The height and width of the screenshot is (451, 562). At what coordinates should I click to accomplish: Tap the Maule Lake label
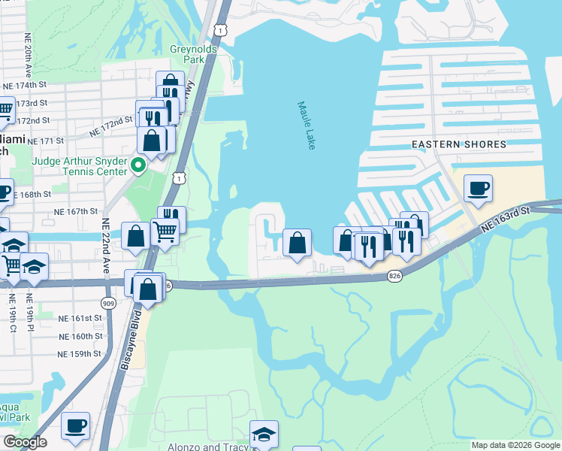(x=307, y=126)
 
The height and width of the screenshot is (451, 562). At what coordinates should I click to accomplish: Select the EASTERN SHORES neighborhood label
(x=458, y=144)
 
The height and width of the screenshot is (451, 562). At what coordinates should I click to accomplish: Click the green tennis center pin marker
(x=137, y=164)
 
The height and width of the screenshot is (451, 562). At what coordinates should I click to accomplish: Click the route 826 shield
(x=394, y=277)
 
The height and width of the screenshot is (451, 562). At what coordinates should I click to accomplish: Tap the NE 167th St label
(x=76, y=212)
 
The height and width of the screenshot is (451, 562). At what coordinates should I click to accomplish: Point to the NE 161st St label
(x=80, y=319)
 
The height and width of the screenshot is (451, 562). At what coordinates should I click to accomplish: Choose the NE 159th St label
(x=80, y=353)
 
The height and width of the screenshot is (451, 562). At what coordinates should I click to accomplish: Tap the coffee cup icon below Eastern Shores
(x=478, y=188)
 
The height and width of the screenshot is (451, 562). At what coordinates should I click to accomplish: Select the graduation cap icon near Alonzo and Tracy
(x=264, y=434)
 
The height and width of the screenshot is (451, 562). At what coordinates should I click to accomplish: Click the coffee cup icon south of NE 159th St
(x=75, y=425)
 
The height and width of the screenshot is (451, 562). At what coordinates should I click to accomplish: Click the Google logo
(x=25, y=442)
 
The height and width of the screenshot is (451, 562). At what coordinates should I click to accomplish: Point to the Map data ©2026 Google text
(x=515, y=445)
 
